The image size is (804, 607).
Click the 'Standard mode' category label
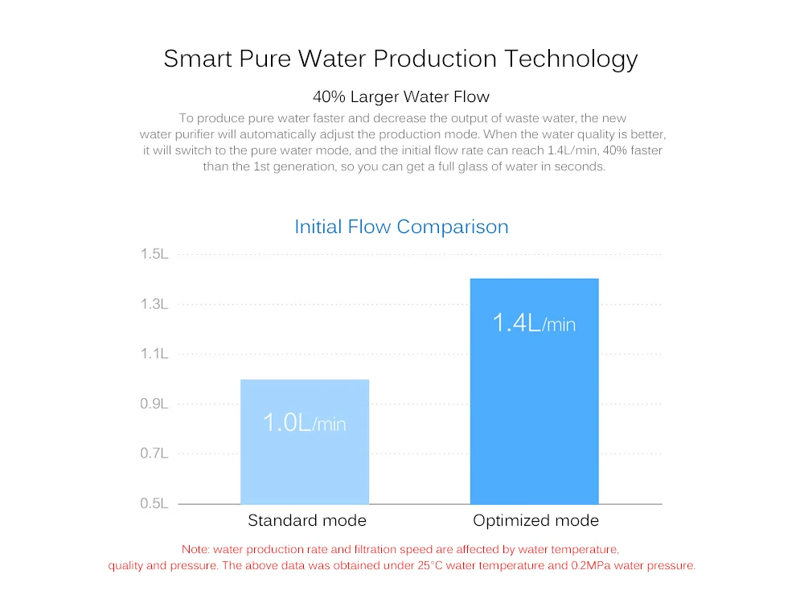tap(306, 521)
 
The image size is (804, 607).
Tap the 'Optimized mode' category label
tap(535, 521)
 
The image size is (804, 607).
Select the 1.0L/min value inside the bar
tap(305, 422)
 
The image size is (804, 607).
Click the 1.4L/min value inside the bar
tap(534, 323)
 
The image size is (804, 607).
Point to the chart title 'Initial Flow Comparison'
tap(401, 227)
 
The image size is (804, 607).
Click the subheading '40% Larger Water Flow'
tap(401, 97)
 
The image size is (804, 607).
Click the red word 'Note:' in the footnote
tap(195, 550)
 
